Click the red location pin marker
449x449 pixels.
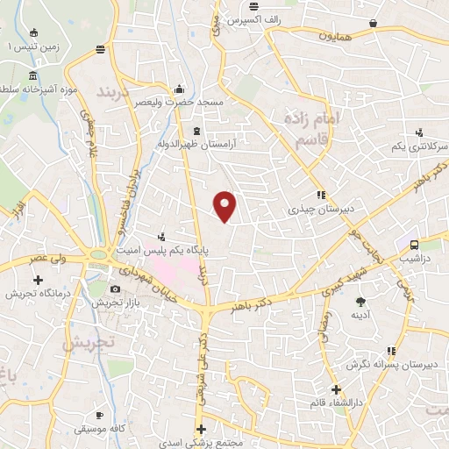coord(226,206)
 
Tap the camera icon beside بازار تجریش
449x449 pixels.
coord(115,289)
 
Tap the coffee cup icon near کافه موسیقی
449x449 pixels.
coord(100,413)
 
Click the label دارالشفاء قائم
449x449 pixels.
coord(339,403)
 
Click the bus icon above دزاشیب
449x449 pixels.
coord(413,246)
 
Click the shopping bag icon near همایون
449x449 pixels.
coord(374,24)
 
